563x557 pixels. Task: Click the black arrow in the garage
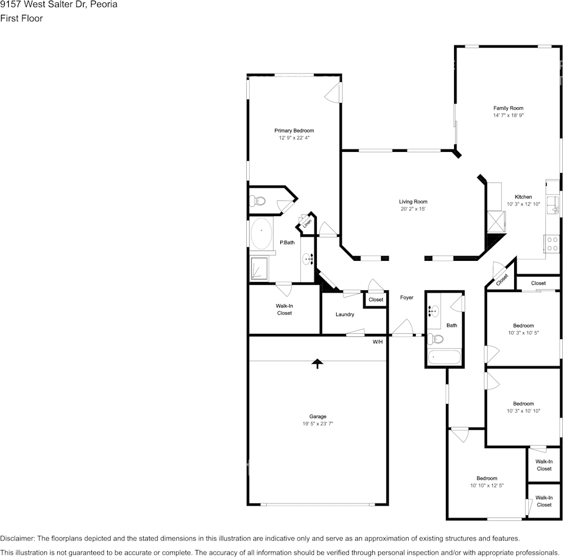317,363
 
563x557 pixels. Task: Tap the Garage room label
317,416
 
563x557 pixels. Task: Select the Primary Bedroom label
294,131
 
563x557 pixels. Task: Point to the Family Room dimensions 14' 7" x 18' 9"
508,116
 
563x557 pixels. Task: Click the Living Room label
413,201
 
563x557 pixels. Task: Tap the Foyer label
406,298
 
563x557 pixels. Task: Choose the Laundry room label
345,314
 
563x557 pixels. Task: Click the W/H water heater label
377,342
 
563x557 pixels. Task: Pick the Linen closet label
307,224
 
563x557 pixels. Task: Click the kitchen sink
553,204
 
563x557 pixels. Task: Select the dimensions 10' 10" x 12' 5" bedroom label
487,486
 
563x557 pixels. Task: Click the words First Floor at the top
21,18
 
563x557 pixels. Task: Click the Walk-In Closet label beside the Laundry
284,309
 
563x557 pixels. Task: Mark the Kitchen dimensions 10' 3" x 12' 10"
523,204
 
